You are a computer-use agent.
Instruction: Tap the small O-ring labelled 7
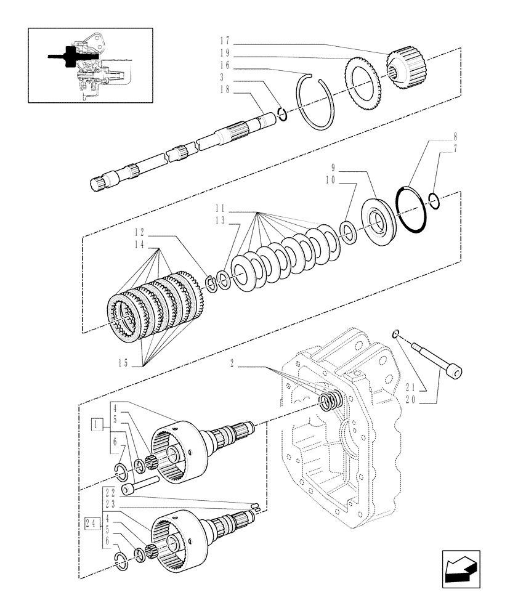pos(434,201)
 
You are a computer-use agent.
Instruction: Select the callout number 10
pos(330,182)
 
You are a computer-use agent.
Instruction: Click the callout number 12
pos(139,234)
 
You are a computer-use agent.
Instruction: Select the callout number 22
pos(110,492)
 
